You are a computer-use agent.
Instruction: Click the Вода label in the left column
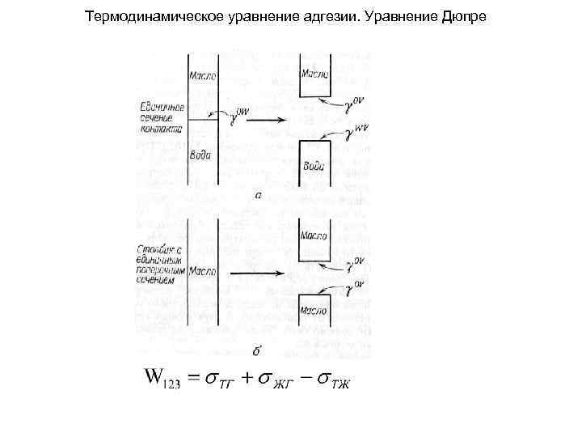[x=201, y=154]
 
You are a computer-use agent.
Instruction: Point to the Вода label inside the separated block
[x=314, y=167]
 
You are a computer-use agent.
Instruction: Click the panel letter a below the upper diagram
[x=258, y=196]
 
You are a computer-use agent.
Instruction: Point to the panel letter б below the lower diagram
[x=256, y=350]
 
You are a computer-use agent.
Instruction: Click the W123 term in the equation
[x=162, y=379]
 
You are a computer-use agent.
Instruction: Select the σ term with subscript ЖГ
[x=272, y=380]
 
